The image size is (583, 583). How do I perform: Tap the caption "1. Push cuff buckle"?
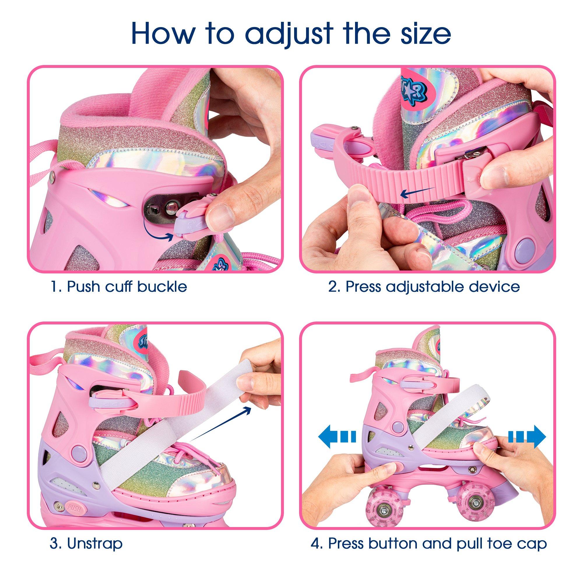[x=118, y=287]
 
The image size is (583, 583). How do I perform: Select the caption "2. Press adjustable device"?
[x=424, y=287]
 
